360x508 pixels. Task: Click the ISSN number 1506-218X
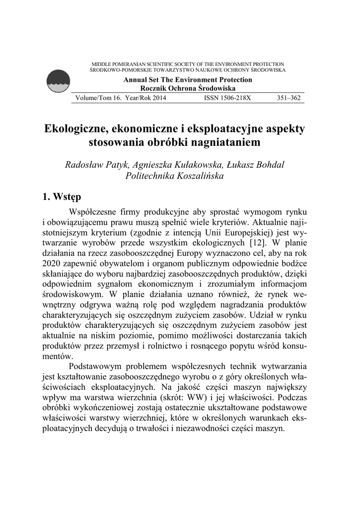(227, 98)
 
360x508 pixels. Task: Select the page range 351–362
(288, 98)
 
